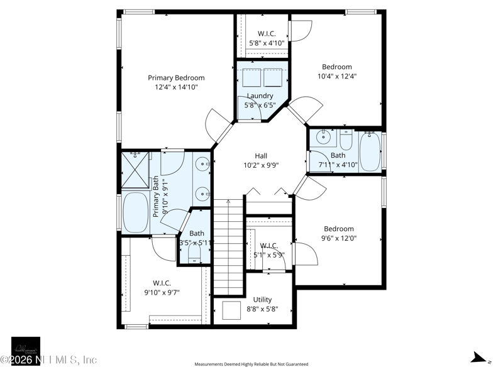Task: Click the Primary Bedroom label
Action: (176, 78)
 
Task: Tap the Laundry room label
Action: (259, 96)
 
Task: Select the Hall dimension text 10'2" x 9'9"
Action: (261, 165)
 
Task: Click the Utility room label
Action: (262, 300)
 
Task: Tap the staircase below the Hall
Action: (228, 248)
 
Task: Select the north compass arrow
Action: (480, 359)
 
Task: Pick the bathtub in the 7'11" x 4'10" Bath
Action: (370, 151)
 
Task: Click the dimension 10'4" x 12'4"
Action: (337, 76)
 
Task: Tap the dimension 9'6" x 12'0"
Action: (338, 238)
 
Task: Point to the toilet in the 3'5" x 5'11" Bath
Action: (194, 253)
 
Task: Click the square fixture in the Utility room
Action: (231, 310)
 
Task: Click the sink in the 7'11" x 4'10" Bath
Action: (325, 136)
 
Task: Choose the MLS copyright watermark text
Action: (49, 360)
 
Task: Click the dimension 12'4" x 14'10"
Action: (176, 87)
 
